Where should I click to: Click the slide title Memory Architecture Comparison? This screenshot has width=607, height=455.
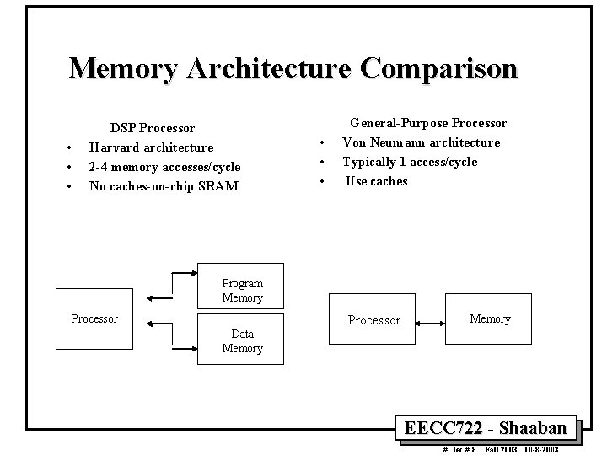293,67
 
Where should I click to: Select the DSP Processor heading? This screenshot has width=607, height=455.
153,128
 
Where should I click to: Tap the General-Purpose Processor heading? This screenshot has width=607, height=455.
428,123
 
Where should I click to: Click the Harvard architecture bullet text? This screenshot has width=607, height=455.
151,147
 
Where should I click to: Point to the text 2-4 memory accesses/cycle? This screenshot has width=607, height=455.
164,167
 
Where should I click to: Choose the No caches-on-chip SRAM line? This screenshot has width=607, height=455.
164,186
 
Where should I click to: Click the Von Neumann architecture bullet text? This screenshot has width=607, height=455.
421,142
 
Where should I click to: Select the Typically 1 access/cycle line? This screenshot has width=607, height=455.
409,162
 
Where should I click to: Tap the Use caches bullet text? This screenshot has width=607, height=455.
376,181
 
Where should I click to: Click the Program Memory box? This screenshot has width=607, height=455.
242,291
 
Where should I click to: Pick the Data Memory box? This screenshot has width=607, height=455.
242,341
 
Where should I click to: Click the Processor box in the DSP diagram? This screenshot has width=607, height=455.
95,318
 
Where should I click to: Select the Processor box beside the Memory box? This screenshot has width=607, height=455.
374,320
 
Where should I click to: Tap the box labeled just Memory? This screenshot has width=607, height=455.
490,318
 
